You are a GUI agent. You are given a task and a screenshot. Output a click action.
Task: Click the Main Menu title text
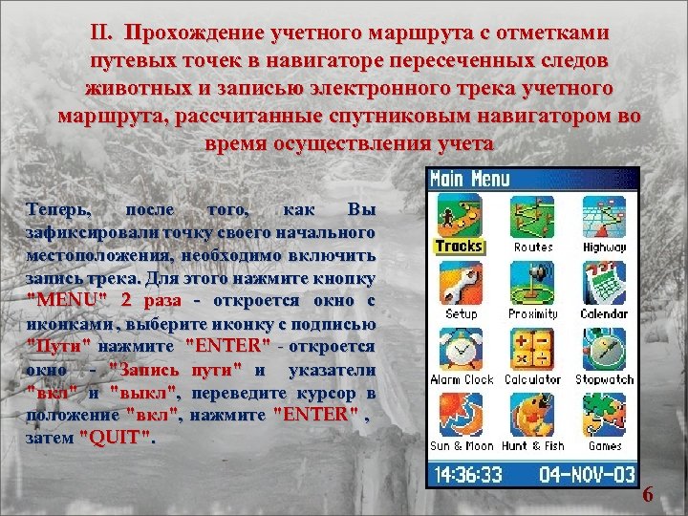pyautogui.click(x=470, y=179)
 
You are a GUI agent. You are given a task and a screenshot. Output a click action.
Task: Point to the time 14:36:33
pyautogui.click(x=469, y=473)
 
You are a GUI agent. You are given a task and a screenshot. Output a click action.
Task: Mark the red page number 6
pyautogui.click(x=648, y=495)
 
